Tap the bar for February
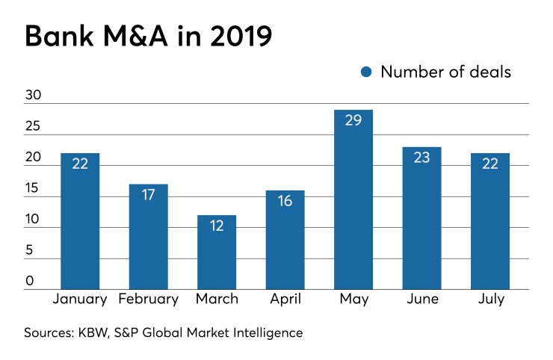pyautogui.click(x=148, y=237)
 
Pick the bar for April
pyautogui.click(x=285, y=240)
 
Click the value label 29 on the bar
pyautogui.click(x=353, y=120)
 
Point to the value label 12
pyautogui.click(x=217, y=226)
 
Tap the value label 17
pyautogui.click(x=148, y=194)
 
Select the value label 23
pyautogui.click(x=421, y=157)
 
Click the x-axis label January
pyautogui.click(x=80, y=300)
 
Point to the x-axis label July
pyautogui.click(x=490, y=300)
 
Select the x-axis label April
pyautogui.click(x=285, y=300)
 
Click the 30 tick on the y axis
pyautogui.click(x=34, y=96)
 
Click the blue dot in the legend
pyautogui.click(x=366, y=72)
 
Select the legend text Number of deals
pyautogui.click(x=445, y=72)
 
